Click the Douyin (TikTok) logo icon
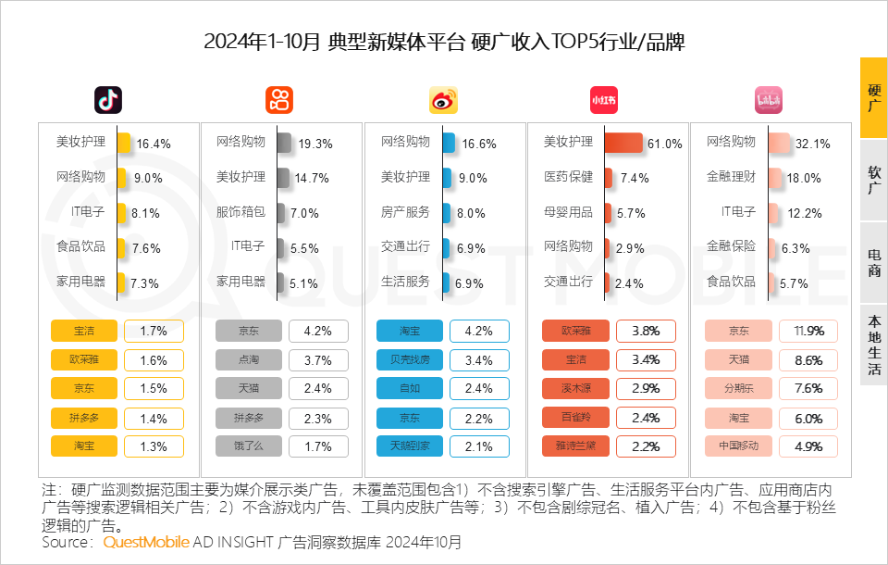(x=108, y=100)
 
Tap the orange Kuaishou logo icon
(x=279, y=100)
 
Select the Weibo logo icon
(x=443, y=100)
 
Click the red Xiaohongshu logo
(x=604, y=100)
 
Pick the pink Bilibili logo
(x=769, y=100)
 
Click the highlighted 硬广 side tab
(x=873, y=98)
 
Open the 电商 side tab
(x=873, y=262)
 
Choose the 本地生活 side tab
(x=873, y=345)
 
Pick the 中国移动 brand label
(x=737, y=446)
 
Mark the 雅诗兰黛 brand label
(x=573, y=446)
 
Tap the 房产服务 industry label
(x=405, y=212)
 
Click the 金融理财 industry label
(x=731, y=177)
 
